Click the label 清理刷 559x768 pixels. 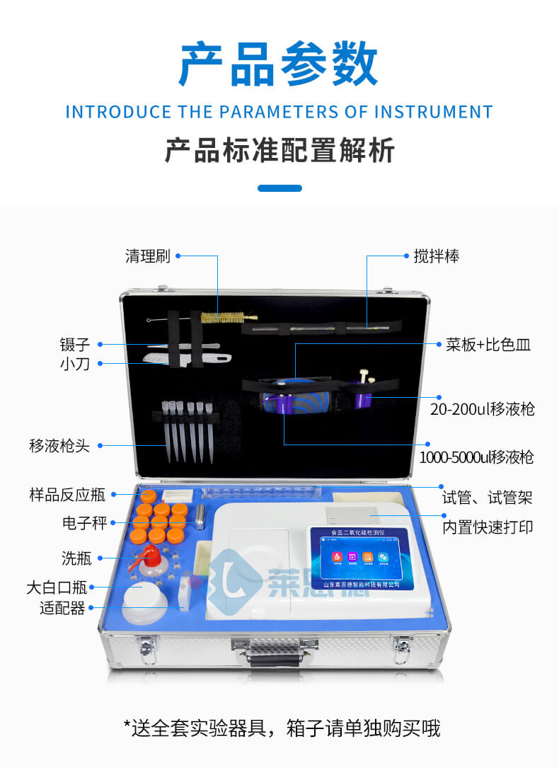pyautogui.click(x=148, y=256)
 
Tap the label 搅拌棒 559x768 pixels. pyautogui.click(x=437, y=256)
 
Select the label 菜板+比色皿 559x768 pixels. pyautogui.click(x=488, y=345)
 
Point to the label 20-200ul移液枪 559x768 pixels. pyautogui.click(x=483, y=408)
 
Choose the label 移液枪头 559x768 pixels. pyautogui.click(x=59, y=446)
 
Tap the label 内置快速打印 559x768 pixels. pyautogui.click(x=488, y=527)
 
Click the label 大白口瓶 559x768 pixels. pyautogui.click(x=56, y=587)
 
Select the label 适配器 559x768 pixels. pyautogui.click(x=62, y=608)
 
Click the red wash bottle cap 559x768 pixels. pyautogui.click(x=149, y=553)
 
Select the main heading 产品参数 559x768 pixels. pyautogui.click(x=279, y=64)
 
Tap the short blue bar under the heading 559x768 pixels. pyautogui.click(x=279, y=188)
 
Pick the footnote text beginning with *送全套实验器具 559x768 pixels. pyautogui.click(x=282, y=727)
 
